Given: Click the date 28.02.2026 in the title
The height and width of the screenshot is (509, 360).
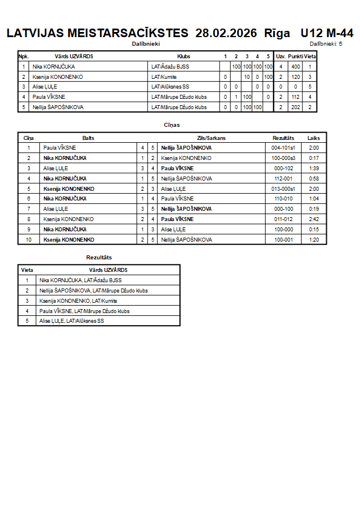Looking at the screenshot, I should coord(226,33).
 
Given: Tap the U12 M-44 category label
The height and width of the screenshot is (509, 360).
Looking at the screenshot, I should coord(326,33).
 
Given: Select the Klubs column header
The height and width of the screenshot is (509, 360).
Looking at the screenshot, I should coord(183,57).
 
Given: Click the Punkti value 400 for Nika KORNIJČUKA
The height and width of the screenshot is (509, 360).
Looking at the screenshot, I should coord(295,67).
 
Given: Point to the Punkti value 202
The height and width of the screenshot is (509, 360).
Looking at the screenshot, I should coord(295,107).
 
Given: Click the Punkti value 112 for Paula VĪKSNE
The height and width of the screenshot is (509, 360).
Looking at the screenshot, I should coord(295,97).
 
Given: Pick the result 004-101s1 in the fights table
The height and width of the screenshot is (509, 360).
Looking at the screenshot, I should coord(283,148).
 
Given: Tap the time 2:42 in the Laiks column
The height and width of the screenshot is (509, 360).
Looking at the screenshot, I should coord(314,219).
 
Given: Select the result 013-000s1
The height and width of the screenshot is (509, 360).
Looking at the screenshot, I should coord(283,189).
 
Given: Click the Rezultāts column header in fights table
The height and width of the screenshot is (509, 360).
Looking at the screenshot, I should coord(283,138).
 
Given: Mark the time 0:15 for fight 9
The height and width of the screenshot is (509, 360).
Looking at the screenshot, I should coord(314,230).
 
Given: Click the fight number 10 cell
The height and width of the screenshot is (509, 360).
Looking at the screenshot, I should coord(29,240).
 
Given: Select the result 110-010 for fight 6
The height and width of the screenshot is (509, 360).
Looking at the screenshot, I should coord(283,199).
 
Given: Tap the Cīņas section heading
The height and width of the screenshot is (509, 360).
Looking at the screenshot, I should coord(172,125).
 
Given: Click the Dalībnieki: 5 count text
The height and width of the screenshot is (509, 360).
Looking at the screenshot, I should coord(326,43).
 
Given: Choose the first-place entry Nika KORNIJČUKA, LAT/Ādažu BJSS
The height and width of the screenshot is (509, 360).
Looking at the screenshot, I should coord(80,280).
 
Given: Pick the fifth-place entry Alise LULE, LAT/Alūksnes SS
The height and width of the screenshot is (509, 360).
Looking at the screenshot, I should coord(72,321).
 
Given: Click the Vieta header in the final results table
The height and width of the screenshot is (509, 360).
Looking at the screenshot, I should coord(27,270).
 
